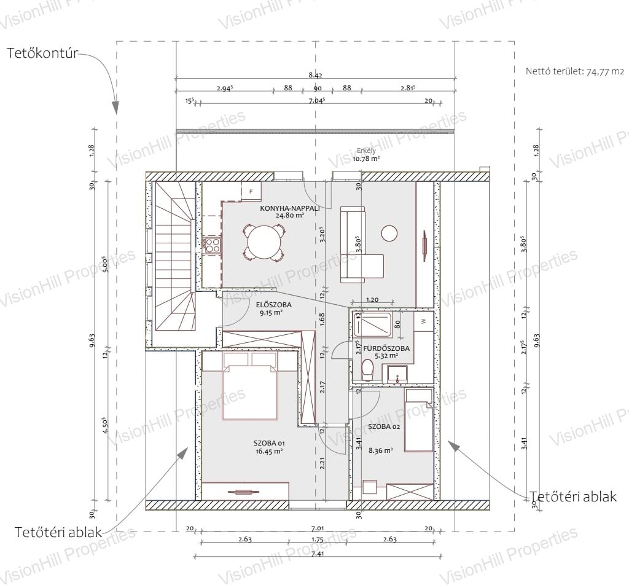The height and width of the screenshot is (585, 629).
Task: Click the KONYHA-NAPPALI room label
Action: pos(290,208)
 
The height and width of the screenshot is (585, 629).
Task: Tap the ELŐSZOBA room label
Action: pos(273,305)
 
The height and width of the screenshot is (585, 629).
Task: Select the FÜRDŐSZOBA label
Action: pos(386,348)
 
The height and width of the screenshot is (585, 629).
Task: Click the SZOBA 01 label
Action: pos(269,444)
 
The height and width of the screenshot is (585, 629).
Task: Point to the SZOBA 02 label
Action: pos(384,427)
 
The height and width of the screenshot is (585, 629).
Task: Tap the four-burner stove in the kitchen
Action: pos(213,245)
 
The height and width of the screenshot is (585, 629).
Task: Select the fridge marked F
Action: pos(251,191)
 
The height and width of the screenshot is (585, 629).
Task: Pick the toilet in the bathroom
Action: pos(367,370)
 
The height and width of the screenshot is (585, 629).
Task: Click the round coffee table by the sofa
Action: pos(389,233)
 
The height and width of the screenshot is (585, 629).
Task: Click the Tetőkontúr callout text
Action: pos(42,53)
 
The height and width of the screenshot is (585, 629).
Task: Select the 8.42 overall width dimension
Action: pos(316,75)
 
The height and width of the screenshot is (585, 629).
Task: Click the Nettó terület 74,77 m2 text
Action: pos(575,72)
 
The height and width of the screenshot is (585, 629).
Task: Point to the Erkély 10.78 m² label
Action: pos(366,154)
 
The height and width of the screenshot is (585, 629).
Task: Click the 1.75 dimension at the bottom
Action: pos(318,540)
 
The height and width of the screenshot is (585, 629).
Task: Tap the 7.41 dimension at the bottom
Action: pos(318,554)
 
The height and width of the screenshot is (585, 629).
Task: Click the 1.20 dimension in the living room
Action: pos(372,300)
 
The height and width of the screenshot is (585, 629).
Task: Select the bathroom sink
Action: pos(397,374)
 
